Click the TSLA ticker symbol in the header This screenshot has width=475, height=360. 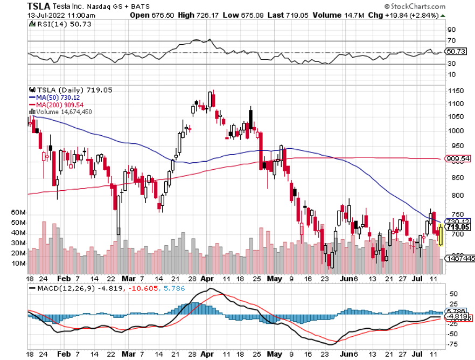point(39,6)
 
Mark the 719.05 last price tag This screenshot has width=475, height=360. point(458,227)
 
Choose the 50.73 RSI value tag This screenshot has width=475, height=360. point(459,51)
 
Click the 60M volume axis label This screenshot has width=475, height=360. point(18,213)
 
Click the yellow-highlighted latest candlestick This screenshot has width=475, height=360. point(442,236)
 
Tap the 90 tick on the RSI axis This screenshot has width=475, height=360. point(451,29)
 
